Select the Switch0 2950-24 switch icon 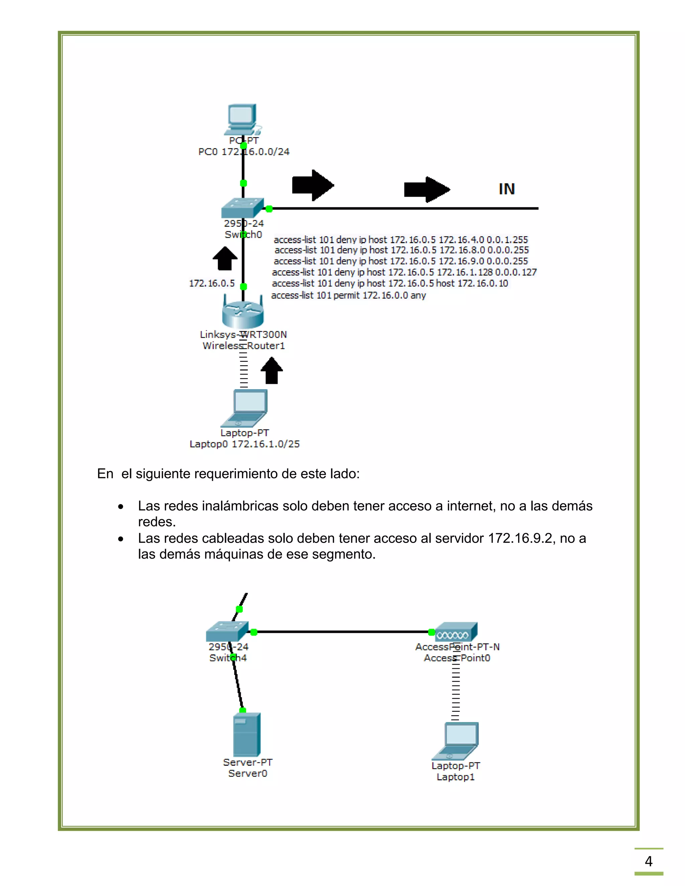(242, 208)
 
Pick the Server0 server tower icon (247, 735)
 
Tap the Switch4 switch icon (227, 632)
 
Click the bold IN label (506, 189)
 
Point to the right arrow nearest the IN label (427, 189)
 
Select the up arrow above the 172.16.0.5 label (225, 258)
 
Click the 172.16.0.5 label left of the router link (211, 283)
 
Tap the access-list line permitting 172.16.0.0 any (348, 295)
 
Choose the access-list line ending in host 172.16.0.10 (390, 284)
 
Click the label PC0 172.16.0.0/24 (243, 152)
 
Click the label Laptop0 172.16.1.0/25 (244, 444)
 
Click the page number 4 (649, 861)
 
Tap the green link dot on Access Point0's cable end (431, 632)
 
